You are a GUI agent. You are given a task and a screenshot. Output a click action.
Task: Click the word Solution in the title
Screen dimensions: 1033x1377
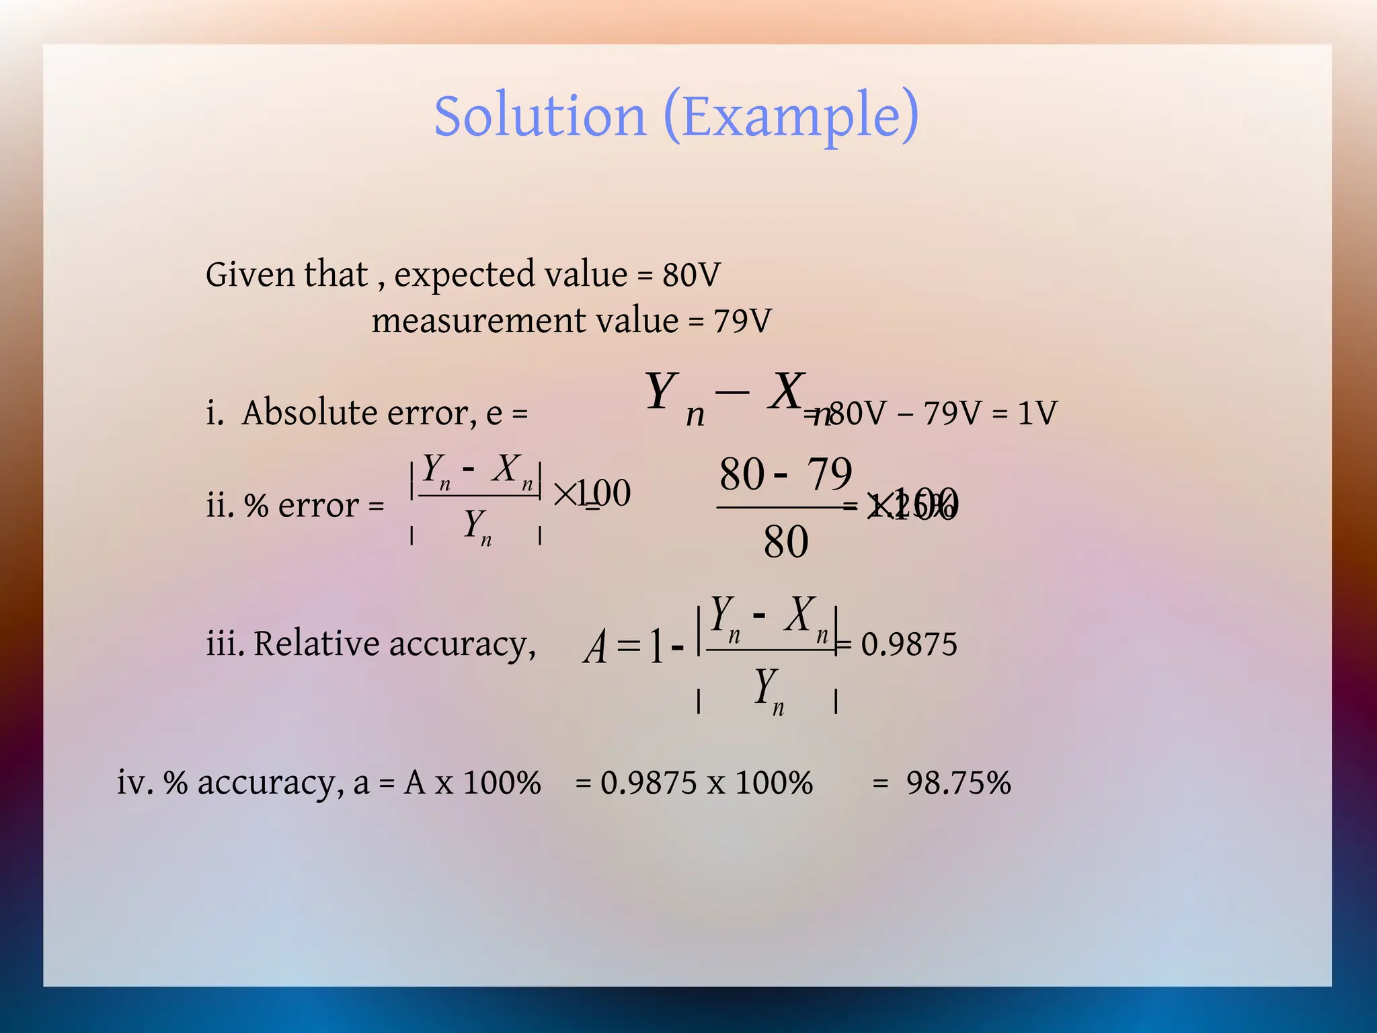click(x=540, y=116)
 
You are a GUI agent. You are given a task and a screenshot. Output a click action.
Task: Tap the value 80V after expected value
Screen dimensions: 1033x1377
click(x=691, y=274)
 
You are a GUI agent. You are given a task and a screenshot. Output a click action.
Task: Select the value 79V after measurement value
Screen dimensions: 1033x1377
click(x=742, y=321)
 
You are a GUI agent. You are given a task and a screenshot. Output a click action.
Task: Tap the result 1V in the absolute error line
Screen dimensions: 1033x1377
click(x=1037, y=412)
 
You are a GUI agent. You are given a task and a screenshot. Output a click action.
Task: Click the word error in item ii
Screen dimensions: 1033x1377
click(x=318, y=505)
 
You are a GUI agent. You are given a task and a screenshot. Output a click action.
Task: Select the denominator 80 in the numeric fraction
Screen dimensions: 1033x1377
click(x=785, y=542)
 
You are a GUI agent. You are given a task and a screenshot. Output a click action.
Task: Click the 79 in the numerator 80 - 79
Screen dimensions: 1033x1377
click(x=829, y=473)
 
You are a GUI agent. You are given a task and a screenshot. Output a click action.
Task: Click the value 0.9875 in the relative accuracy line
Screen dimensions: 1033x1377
click(x=909, y=644)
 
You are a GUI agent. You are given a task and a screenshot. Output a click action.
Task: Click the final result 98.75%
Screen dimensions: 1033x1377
click(x=958, y=783)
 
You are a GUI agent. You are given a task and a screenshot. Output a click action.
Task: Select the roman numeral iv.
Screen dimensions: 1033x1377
click(x=133, y=783)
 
